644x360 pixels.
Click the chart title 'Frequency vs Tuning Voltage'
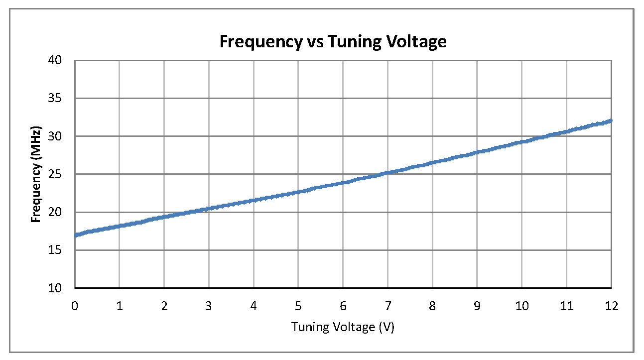333,41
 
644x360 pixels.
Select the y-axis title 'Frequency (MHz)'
36,174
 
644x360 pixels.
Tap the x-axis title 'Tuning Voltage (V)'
343,327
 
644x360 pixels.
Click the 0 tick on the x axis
75,306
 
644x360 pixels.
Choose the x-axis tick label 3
209,306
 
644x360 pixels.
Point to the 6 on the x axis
343,306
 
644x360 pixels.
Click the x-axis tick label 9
477,306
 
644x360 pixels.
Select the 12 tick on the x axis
611,306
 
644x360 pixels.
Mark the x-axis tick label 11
566,306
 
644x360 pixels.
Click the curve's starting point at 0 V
75,235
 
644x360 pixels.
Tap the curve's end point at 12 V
611,120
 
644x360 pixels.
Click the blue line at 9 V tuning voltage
477,152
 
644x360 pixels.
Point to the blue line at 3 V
209,208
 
